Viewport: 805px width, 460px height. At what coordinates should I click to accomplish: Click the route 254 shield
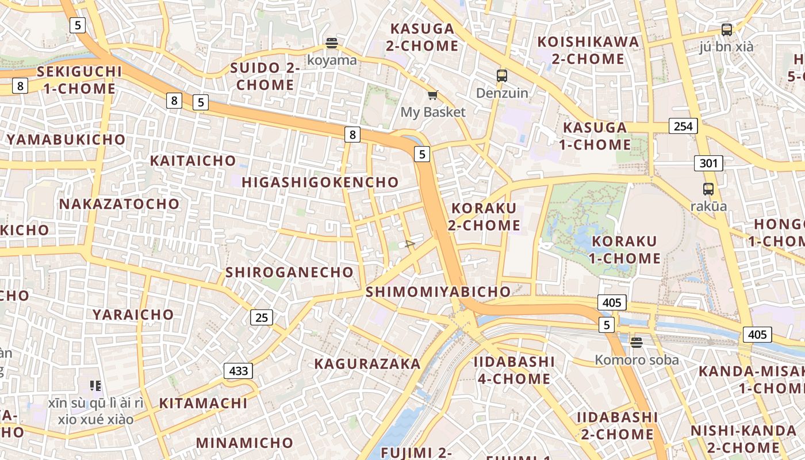pyautogui.click(x=683, y=126)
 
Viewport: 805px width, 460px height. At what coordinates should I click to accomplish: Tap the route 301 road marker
pyautogui.click(x=708, y=163)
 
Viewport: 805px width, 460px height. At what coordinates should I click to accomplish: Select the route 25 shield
pyautogui.click(x=262, y=317)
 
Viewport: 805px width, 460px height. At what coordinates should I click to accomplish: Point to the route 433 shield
pyautogui.click(x=238, y=371)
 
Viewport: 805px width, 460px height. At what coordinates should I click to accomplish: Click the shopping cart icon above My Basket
pyautogui.click(x=432, y=95)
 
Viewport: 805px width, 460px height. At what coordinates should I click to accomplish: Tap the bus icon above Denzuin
pyautogui.click(x=502, y=75)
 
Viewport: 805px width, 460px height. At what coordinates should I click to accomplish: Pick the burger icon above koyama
pyautogui.click(x=331, y=43)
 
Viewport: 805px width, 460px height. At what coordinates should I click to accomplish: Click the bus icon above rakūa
pyautogui.click(x=708, y=189)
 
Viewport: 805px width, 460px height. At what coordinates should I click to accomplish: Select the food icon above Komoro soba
pyautogui.click(x=636, y=343)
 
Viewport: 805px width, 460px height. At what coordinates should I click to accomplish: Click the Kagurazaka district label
pyautogui.click(x=367, y=364)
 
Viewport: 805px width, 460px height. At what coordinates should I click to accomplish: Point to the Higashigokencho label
pyautogui.click(x=320, y=182)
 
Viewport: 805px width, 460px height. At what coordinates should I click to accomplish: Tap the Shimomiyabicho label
pyautogui.click(x=438, y=292)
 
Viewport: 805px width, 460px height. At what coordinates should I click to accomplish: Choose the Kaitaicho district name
pyautogui.click(x=193, y=160)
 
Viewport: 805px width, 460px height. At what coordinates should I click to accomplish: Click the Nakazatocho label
pyautogui.click(x=120, y=204)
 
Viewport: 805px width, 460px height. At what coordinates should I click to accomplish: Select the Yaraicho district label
pyautogui.click(x=133, y=315)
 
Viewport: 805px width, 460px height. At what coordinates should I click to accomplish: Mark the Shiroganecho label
pyautogui.click(x=289, y=273)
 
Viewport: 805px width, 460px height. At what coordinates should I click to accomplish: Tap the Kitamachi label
pyautogui.click(x=204, y=403)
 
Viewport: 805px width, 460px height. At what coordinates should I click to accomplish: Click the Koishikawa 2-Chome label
pyautogui.click(x=588, y=50)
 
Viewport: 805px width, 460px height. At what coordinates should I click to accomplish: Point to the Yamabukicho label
pyautogui.click(x=66, y=139)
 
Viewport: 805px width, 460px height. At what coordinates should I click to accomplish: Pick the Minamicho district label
pyautogui.click(x=245, y=443)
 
